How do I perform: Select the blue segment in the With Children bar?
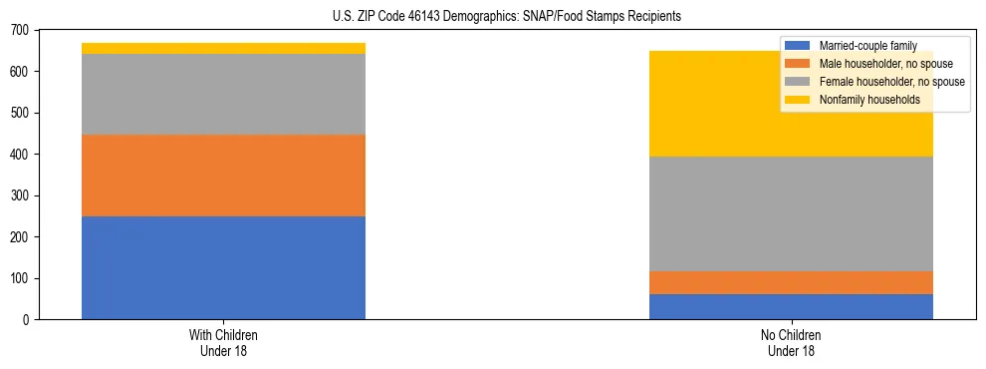tap(223, 267)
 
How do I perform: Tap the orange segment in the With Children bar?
tap(223, 176)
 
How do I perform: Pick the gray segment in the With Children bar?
tap(223, 94)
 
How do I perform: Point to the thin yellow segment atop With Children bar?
tap(223, 48)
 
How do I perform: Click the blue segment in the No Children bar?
tap(791, 306)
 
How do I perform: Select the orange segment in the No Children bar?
tap(791, 282)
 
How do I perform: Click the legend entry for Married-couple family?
tap(866, 46)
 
